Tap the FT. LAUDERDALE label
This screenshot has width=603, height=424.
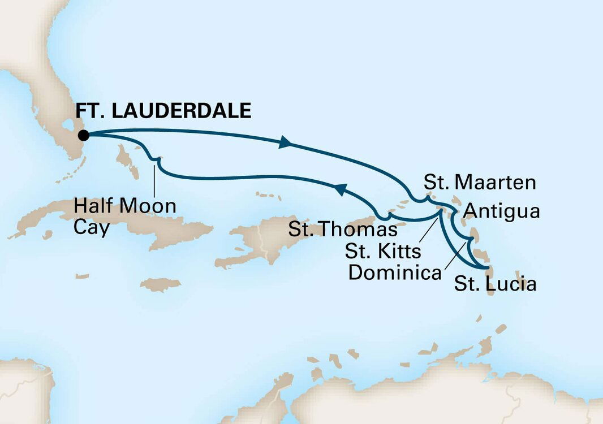162,110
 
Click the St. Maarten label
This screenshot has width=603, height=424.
479,183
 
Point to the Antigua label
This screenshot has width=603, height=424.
501,211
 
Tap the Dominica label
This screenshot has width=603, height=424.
395,273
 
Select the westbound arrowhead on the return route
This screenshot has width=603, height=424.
340,191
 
